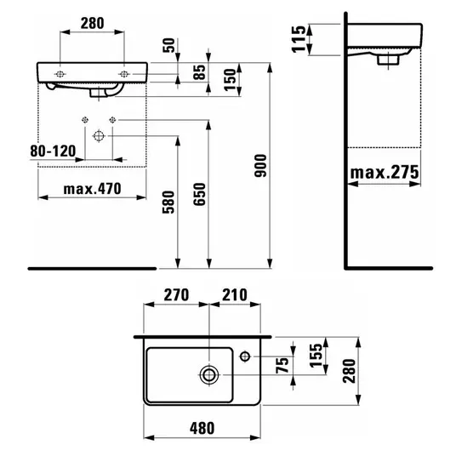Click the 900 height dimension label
coord(260,166)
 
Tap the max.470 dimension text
coord(92,189)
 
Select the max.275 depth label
coord(385,173)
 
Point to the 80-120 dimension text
coord(53,151)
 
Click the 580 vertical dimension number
coord(168,202)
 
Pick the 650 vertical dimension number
coord(199,194)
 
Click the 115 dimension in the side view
coord(299,39)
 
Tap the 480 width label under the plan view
coord(202,429)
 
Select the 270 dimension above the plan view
coord(176,295)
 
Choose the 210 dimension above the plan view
coord(235,295)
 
